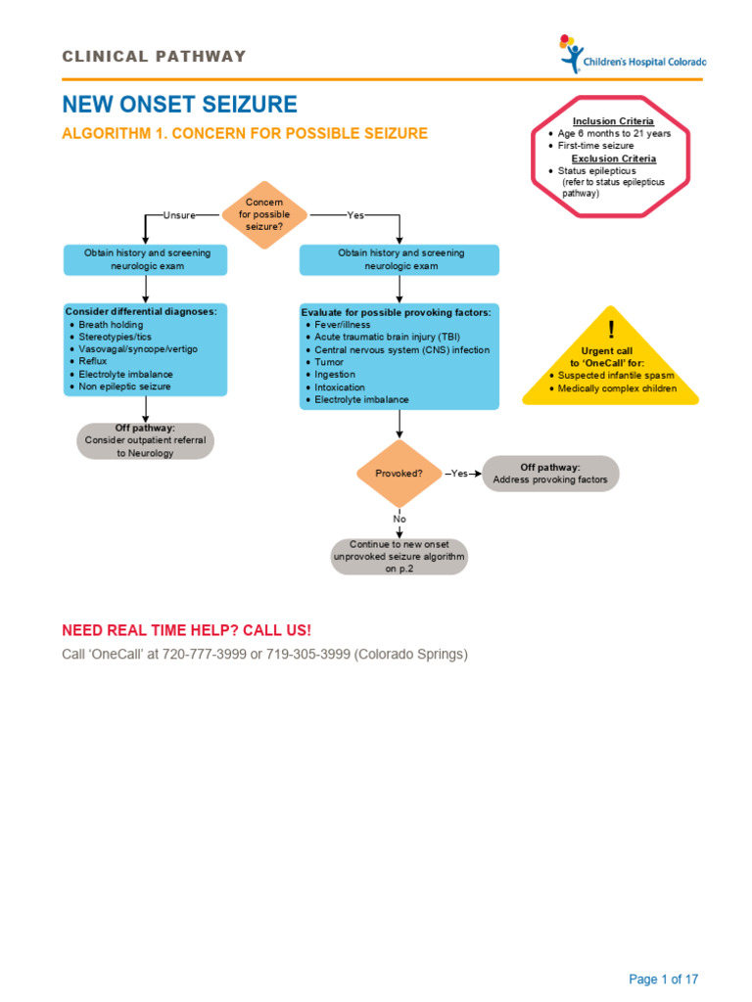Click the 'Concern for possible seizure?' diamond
click(x=263, y=214)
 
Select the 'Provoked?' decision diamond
click(x=399, y=474)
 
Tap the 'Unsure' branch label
click(x=179, y=215)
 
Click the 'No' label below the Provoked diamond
click(x=399, y=519)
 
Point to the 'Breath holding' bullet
click(x=111, y=325)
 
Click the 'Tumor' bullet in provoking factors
click(x=329, y=362)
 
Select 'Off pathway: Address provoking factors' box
click(x=550, y=474)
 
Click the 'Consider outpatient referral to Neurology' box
click(x=145, y=441)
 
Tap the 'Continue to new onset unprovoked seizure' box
click(x=399, y=556)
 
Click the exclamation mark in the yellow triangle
click(x=611, y=329)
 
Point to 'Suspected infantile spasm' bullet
click(x=615, y=375)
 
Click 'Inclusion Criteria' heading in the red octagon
click(x=613, y=121)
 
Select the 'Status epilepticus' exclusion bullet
click(x=596, y=171)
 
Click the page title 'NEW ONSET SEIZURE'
click(x=180, y=105)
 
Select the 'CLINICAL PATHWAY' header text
click(x=155, y=57)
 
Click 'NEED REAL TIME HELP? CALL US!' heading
click(x=187, y=629)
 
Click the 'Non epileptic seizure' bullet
click(x=124, y=387)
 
